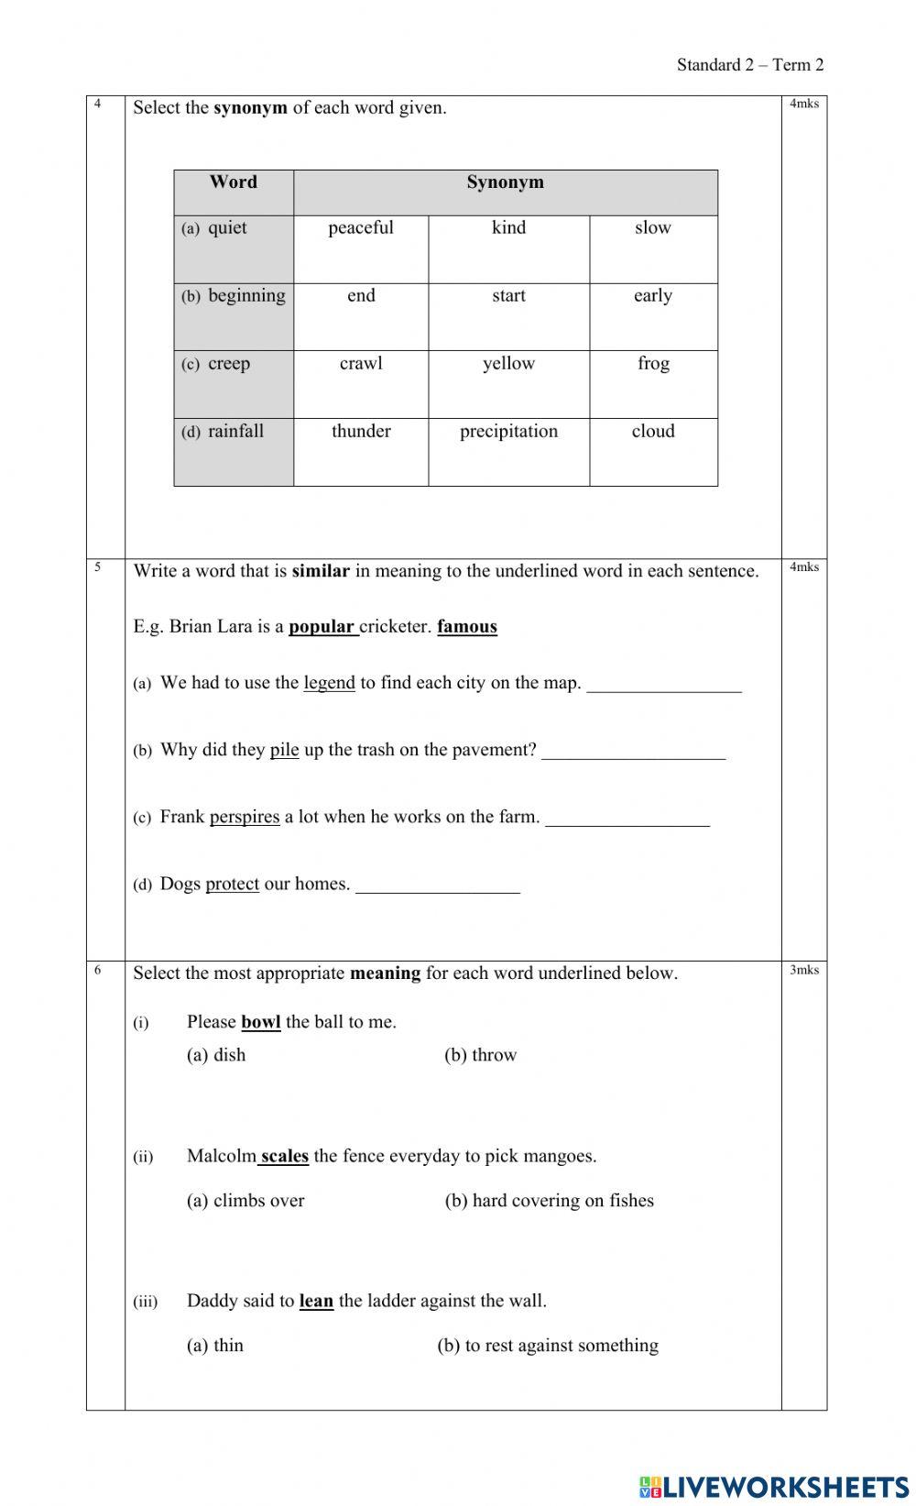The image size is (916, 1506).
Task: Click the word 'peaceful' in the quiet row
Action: tap(361, 228)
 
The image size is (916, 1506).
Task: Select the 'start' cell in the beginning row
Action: tap(508, 296)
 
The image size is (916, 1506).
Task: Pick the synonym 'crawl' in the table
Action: tap(361, 364)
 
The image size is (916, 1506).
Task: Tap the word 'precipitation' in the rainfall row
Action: tap(508, 432)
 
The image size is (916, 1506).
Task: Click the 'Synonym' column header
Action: tap(505, 182)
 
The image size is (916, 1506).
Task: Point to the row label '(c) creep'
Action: tap(217, 364)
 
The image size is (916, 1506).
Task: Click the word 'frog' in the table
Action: tap(653, 364)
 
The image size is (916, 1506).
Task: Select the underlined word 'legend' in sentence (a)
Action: tap(329, 683)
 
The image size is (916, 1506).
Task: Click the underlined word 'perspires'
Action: tap(245, 817)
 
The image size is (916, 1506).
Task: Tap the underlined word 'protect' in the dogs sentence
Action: tap(232, 885)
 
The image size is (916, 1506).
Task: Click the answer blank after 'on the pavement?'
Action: tap(633, 753)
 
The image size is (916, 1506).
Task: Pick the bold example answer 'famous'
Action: tap(467, 627)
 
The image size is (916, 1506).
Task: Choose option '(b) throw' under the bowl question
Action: tap(481, 1055)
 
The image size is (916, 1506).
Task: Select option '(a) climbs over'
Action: tap(245, 1201)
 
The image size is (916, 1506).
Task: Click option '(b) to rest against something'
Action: tap(548, 1346)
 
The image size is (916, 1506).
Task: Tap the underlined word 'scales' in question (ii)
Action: tap(284, 1156)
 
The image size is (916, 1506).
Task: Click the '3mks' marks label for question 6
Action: tap(804, 970)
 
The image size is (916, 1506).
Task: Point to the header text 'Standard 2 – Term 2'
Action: tap(750, 64)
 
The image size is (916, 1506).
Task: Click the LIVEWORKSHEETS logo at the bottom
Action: tap(774, 1487)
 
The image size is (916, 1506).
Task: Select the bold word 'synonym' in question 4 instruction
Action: tap(250, 108)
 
